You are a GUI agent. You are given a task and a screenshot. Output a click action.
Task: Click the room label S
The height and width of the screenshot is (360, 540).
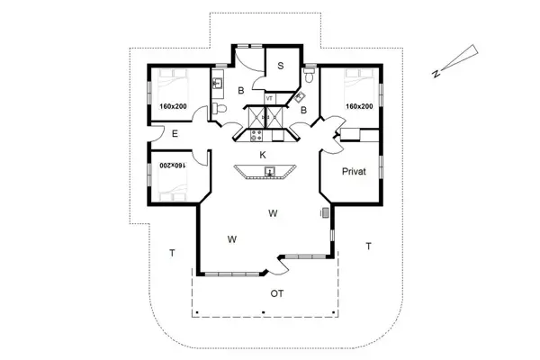point(280,65)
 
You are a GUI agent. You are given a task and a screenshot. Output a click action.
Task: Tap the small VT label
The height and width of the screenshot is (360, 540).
point(269,97)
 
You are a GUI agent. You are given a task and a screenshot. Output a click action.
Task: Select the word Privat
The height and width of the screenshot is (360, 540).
point(352,170)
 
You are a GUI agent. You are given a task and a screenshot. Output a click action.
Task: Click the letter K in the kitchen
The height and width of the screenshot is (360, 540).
point(263,155)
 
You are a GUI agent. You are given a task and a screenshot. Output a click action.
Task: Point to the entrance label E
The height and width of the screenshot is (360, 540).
point(175,134)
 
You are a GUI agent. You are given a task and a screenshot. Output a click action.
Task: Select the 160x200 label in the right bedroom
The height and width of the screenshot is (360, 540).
point(360,106)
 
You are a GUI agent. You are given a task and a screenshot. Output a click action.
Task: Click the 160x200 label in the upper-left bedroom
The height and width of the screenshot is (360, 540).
point(173,106)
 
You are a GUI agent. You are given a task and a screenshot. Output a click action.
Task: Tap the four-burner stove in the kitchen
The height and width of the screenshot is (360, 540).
point(257,137)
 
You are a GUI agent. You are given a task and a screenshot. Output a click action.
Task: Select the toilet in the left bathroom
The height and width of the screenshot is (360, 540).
point(219,109)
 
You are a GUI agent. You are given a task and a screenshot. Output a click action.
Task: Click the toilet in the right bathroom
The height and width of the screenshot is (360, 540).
point(309,79)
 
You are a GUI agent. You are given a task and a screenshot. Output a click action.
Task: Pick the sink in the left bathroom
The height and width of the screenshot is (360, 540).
point(217,84)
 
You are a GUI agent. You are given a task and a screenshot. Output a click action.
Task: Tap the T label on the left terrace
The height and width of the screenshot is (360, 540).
point(171,253)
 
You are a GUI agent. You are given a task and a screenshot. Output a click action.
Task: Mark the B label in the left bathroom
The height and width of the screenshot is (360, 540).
point(240,91)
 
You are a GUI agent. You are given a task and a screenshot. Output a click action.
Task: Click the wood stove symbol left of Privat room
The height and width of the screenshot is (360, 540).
point(324,213)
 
